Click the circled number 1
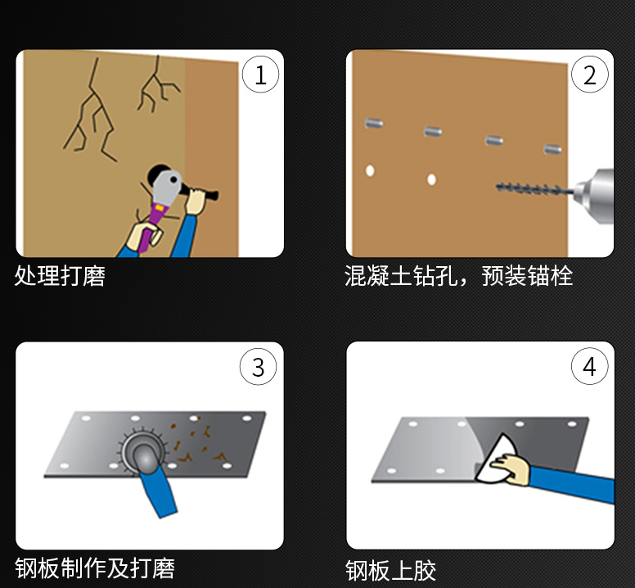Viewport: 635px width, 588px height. click(260, 75)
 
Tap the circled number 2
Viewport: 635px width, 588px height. click(589, 75)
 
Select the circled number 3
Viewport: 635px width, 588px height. click(258, 367)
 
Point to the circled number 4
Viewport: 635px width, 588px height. click(589, 367)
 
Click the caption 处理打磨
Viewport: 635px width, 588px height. click(60, 276)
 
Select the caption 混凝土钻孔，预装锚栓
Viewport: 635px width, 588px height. click(458, 276)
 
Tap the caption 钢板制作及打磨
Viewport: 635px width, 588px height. click(94, 568)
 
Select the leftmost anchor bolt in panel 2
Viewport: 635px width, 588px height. click(374, 124)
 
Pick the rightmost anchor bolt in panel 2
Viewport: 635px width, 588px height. click(552, 150)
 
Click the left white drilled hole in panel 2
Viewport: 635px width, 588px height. click(370, 171)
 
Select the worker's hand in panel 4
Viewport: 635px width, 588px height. click(515, 470)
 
